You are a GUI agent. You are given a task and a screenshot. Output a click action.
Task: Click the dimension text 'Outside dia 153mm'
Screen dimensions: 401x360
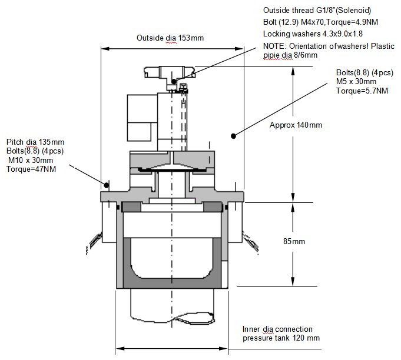click(170, 38)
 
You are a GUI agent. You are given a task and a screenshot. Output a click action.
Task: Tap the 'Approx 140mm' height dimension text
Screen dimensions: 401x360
click(296, 125)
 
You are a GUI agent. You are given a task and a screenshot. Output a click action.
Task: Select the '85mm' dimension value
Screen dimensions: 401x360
click(294, 241)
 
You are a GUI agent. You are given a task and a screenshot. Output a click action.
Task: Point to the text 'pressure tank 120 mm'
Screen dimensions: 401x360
click(281, 338)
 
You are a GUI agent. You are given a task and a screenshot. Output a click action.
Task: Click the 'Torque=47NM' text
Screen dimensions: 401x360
click(31, 169)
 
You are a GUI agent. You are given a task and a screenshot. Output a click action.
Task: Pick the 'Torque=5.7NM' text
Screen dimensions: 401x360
click(362, 91)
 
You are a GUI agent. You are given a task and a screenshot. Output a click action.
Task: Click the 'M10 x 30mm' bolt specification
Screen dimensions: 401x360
click(31, 160)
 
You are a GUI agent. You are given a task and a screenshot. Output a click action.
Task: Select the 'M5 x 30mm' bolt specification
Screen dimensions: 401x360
click(356, 82)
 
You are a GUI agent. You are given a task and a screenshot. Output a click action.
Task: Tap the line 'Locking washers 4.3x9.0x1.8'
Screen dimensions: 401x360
click(313, 34)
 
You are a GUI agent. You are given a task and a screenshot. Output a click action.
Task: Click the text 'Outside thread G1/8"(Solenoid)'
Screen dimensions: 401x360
click(317, 10)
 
